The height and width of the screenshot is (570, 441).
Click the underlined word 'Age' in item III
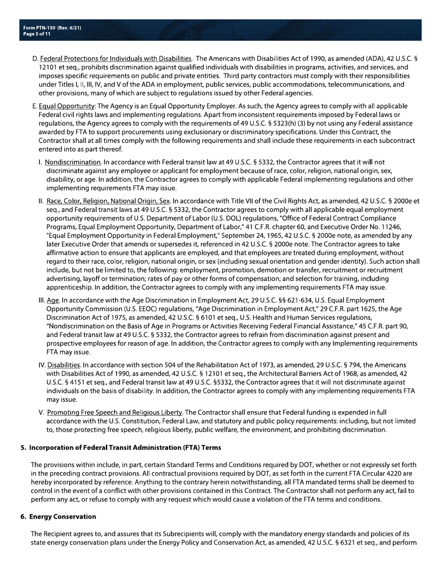click(x=53, y=300)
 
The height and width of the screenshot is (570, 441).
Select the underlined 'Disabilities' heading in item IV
click(x=64, y=365)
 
